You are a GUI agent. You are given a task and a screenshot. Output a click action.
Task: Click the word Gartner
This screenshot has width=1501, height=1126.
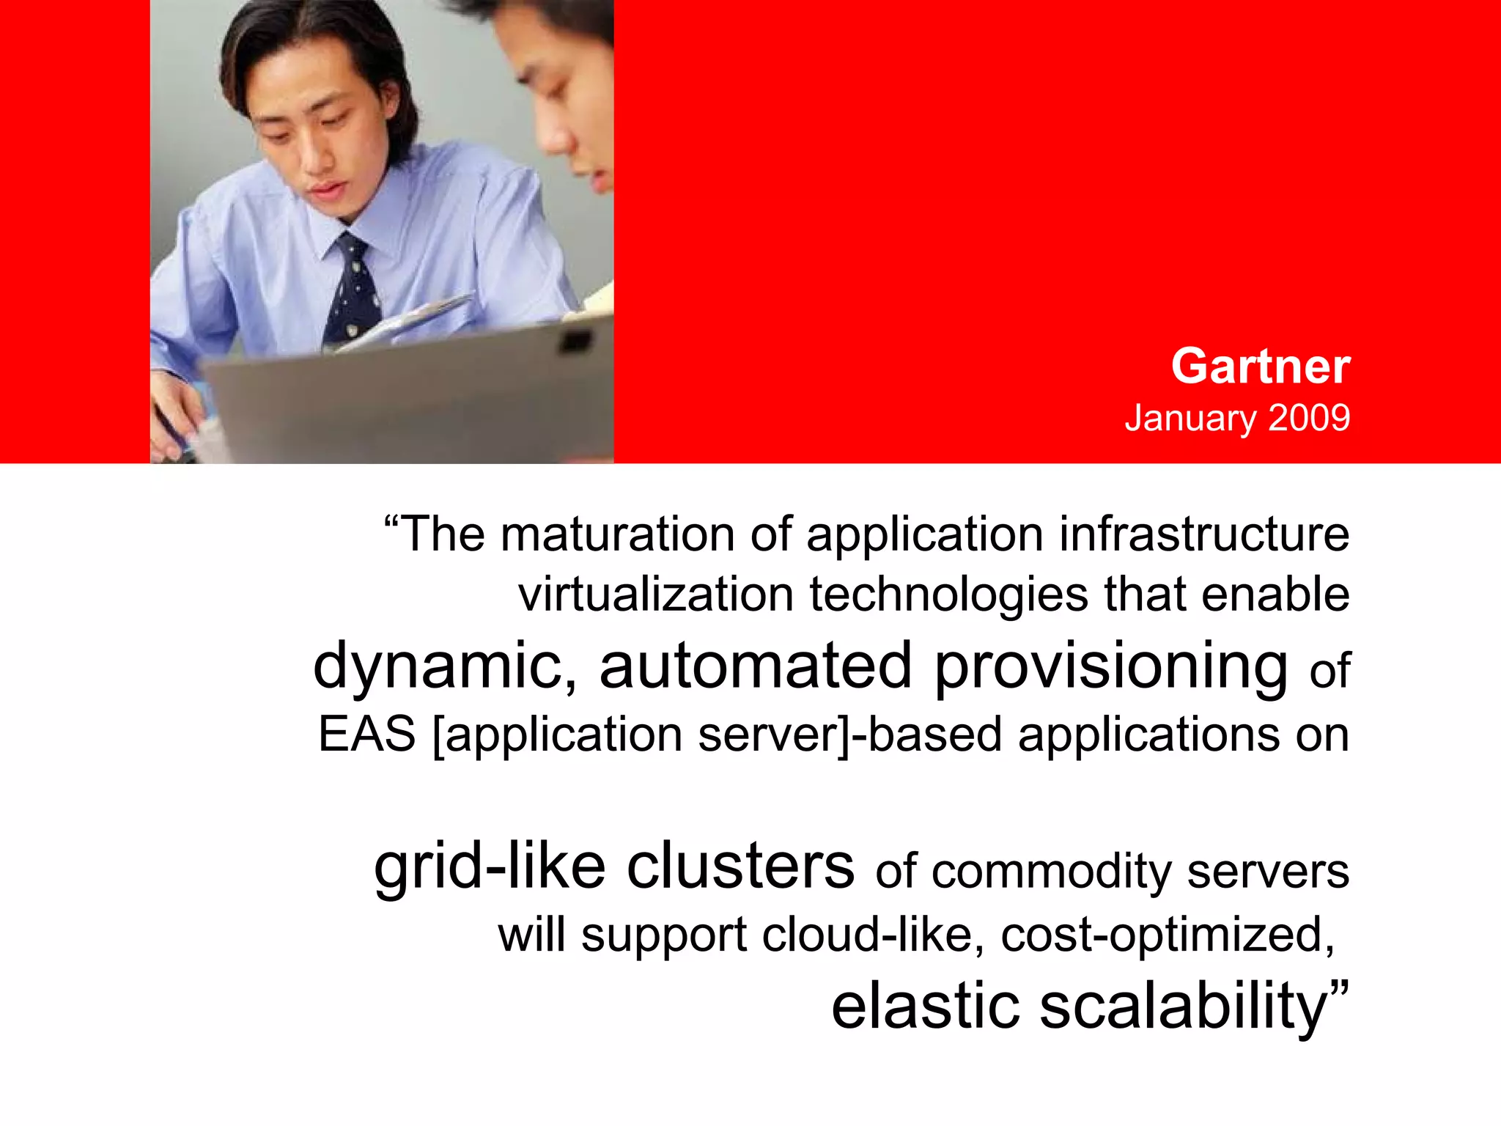(x=1260, y=366)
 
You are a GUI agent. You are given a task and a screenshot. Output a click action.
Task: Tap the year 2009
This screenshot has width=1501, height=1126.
(x=1309, y=418)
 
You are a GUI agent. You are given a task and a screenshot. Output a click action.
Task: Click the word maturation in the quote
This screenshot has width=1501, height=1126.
(x=617, y=534)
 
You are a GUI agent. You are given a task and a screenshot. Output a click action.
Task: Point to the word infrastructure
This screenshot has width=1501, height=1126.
(x=1203, y=534)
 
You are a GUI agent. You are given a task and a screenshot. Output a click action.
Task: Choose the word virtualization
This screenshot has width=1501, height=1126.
(x=656, y=594)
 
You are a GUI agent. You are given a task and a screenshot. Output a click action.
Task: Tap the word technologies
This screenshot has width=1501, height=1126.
(x=948, y=595)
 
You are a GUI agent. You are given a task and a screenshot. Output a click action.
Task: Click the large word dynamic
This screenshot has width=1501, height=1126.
(x=444, y=666)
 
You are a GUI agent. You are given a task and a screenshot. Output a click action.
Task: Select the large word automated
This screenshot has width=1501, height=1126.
(x=755, y=666)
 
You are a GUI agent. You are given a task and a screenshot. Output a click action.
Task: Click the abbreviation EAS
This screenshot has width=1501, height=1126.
(x=366, y=734)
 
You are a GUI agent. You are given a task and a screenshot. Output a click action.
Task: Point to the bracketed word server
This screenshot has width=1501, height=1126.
(x=772, y=734)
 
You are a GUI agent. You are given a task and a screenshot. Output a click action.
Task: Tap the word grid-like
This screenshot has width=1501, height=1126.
(x=490, y=868)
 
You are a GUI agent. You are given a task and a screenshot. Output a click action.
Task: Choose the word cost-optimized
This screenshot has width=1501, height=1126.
(x=1167, y=936)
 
